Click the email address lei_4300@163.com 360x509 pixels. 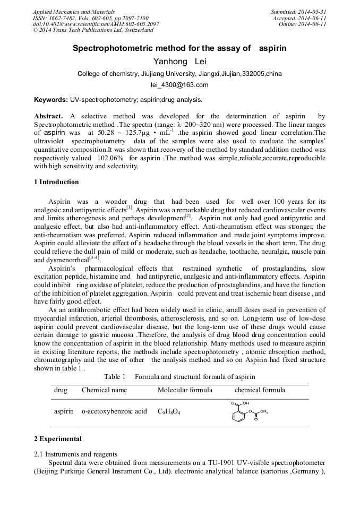pyautogui.click(x=179, y=85)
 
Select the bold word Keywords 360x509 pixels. pyautogui.click(x=50, y=100)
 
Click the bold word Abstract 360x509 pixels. pyautogui.click(x=48, y=116)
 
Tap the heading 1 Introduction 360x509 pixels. pyautogui.click(x=56, y=182)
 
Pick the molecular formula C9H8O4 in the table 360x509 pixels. pyautogui.click(x=169, y=411)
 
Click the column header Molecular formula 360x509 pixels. pyautogui.click(x=185, y=390)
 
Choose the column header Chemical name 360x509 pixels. pyautogui.click(x=104, y=390)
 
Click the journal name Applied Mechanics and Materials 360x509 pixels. pyautogui.click(x=74, y=12)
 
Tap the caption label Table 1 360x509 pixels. pyautogui.click(x=114, y=377)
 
